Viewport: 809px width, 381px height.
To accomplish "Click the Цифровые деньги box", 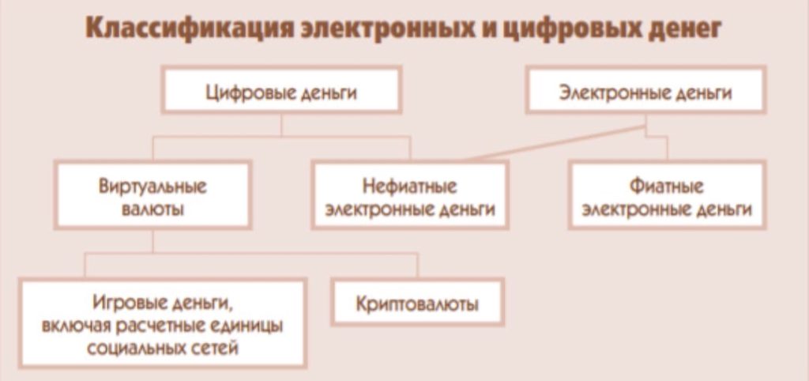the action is click(281, 90).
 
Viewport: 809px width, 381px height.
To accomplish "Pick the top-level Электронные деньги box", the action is click(646, 90).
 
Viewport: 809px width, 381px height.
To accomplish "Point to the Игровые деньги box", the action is click(163, 323).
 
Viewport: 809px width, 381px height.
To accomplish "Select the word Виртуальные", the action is click(152, 186).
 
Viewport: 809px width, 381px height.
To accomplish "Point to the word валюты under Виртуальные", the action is click(152, 210).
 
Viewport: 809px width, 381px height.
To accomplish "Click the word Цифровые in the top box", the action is click(243, 93).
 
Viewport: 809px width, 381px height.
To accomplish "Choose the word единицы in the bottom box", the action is click(249, 326).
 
